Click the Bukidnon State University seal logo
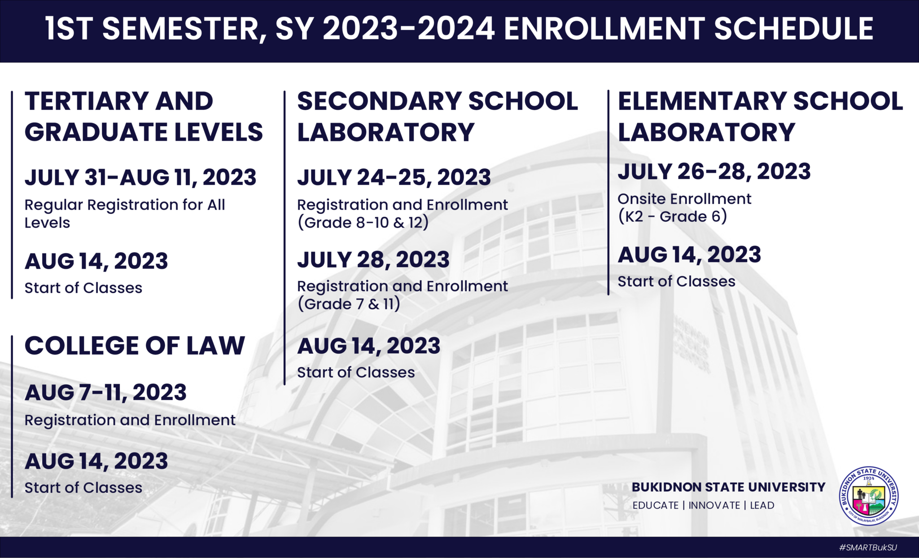[x=869, y=496]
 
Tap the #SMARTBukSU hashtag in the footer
[x=868, y=548]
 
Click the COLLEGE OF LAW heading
[x=135, y=346]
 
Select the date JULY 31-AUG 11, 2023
[x=140, y=177]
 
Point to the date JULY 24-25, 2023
[x=394, y=177]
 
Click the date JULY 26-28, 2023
[x=714, y=171]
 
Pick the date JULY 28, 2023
[x=373, y=259]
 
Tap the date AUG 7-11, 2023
[x=105, y=393]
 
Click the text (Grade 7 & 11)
[x=349, y=304]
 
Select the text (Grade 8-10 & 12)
[x=363, y=223]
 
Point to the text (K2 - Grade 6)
[x=672, y=216]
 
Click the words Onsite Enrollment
[x=684, y=199]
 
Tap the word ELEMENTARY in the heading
[x=701, y=101]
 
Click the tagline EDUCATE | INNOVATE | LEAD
[x=703, y=505]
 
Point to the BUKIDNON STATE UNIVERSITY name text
[x=728, y=487]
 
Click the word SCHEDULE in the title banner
[x=793, y=29]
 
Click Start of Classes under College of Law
[x=83, y=488]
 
